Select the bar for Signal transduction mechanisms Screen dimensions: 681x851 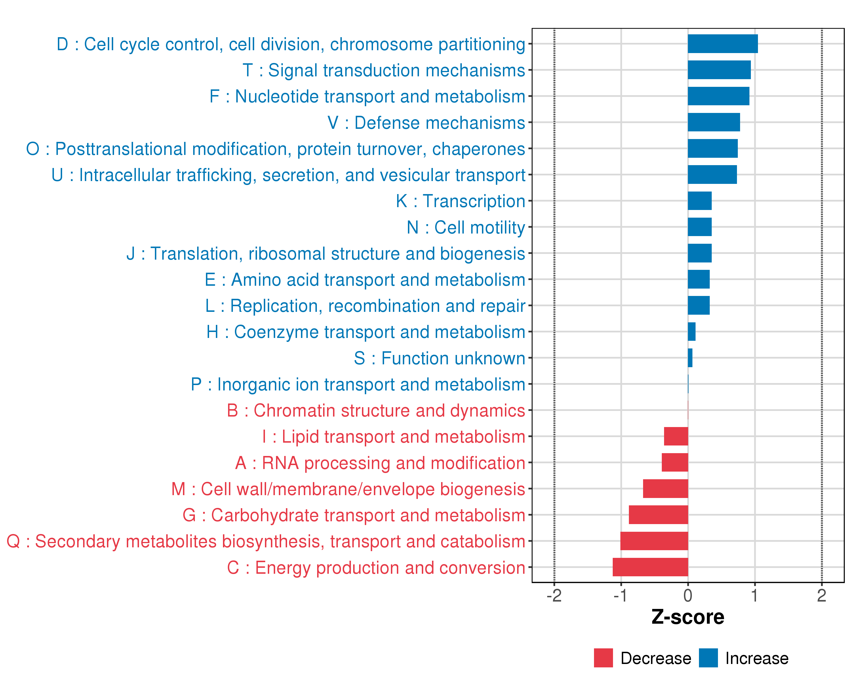point(719,70)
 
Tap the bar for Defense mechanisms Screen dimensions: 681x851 point(714,122)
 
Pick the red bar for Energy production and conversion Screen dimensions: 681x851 point(650,567)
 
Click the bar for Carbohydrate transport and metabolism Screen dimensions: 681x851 point(658,515)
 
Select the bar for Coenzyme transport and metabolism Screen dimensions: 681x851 point(692,332)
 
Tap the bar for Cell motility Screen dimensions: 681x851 point(700,227)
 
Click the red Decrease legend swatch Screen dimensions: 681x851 point(603,658)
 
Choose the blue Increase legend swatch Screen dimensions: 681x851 point(708,658)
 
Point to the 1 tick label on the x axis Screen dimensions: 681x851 point(754,596)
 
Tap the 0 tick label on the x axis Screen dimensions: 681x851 point(688,596)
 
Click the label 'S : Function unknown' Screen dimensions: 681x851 point(439,358)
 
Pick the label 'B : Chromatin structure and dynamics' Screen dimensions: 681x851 point(376,411)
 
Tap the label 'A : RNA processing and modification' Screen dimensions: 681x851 point(380,463)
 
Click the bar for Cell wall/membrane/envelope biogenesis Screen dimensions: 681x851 point(665,489)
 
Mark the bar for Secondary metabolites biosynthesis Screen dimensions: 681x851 point(654,541)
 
